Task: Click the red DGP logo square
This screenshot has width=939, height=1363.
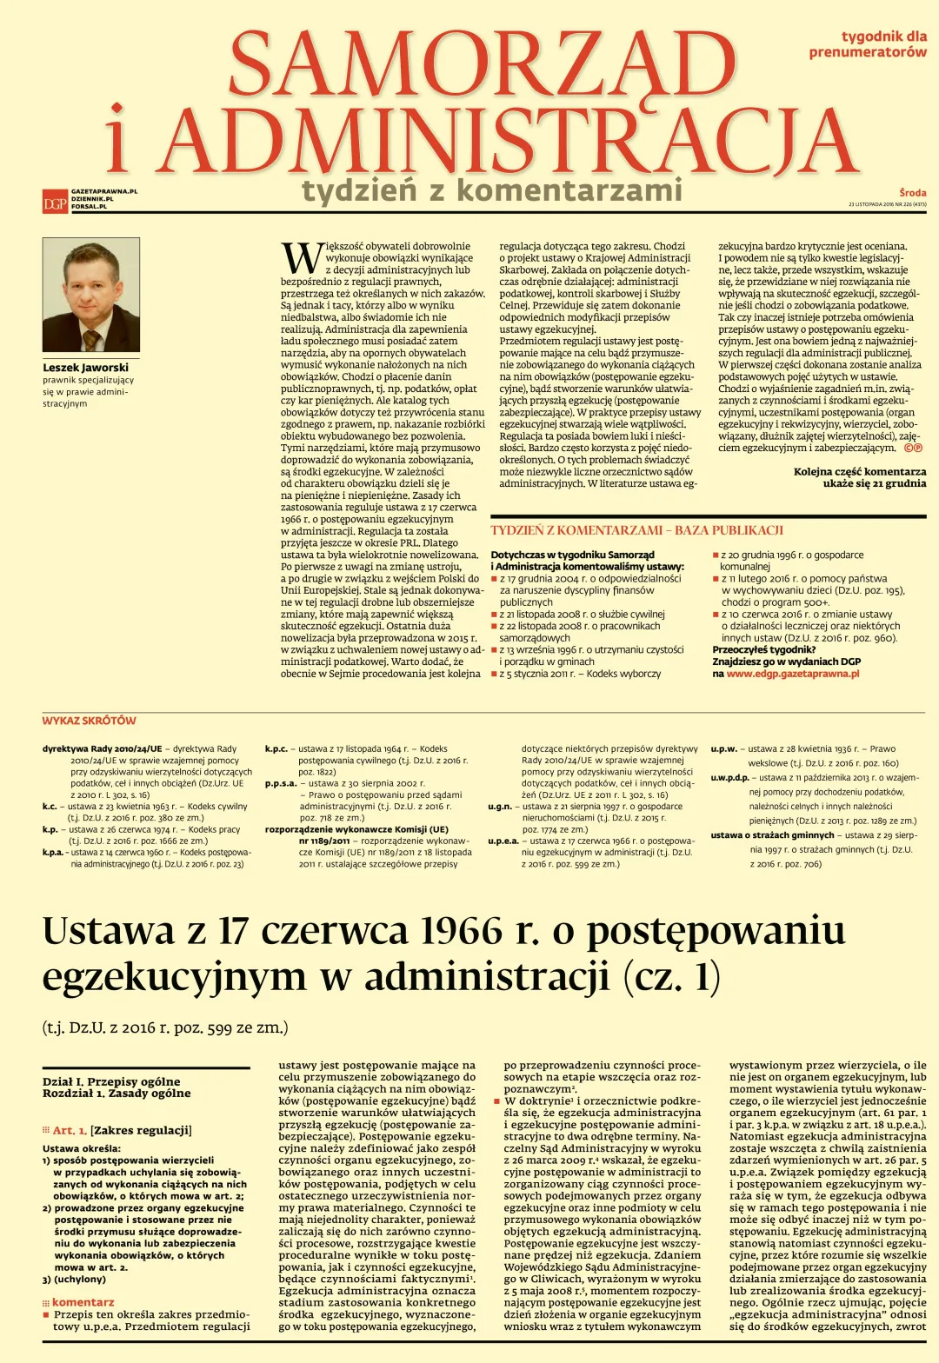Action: pos(55,203)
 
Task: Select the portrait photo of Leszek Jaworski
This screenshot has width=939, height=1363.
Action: pos(90,296)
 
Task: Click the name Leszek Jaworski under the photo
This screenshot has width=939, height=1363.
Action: pos(85,368)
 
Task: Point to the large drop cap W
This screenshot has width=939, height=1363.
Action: pos(301,258)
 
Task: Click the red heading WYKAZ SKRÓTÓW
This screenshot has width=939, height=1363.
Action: pos(89,721)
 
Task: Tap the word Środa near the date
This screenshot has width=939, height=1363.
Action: pos(912,193)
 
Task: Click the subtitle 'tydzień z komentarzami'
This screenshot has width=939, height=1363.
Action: pos(492,190)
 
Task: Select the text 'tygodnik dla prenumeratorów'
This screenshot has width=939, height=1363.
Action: pos(868,44)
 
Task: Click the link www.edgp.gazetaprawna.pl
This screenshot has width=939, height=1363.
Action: pos(793,674)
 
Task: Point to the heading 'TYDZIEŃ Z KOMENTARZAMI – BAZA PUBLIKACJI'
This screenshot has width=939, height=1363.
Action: pos(636,530)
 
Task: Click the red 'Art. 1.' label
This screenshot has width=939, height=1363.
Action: pos(70,1130)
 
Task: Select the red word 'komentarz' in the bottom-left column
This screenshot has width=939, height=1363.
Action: pos(83,1302)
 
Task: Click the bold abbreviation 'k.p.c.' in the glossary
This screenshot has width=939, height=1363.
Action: pos(276,748)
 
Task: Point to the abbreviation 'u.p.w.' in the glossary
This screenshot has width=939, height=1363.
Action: pos(723,748)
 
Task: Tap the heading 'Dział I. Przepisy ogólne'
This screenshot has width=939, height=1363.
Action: pos(111,1081)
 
